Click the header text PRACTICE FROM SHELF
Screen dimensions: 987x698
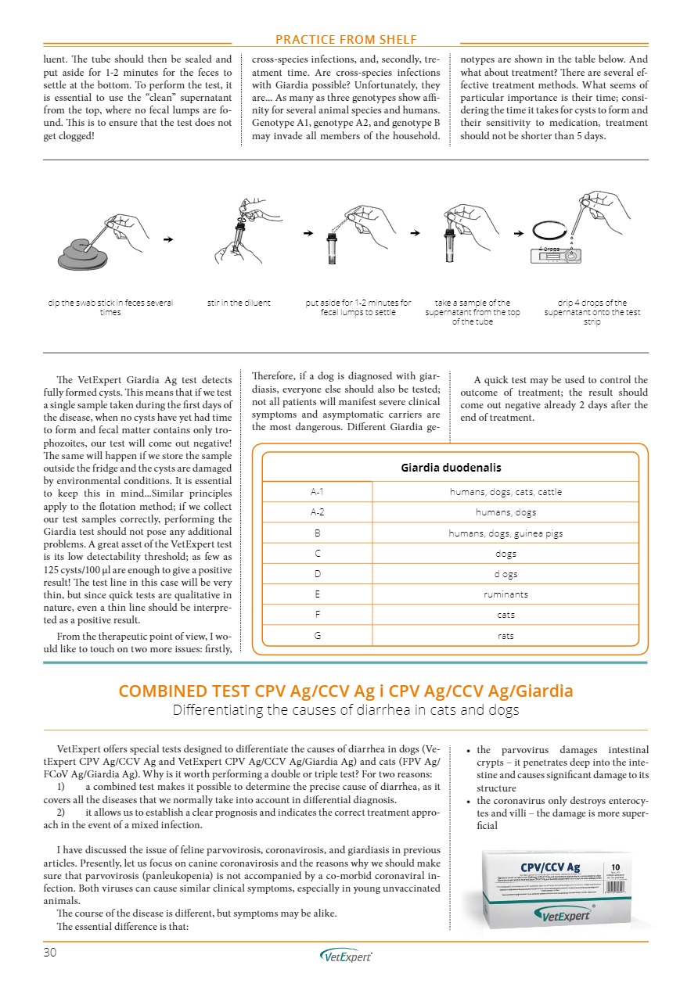(x=345, y=39)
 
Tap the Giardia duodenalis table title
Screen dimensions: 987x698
(x=451, y=468)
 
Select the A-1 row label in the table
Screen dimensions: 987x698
(x=317, y=492)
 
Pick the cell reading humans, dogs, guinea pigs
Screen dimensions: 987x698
(x=506, y=533)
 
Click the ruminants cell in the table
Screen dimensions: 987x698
(x=506, y=594)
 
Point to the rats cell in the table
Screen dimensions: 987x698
(x=506, y=635)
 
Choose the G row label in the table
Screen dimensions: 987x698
(x=317, y=635)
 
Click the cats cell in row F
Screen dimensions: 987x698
(x=506, y=615)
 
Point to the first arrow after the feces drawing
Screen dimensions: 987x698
(x=168, y=239)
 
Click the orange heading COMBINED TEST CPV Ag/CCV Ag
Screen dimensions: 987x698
(x=345, y=691)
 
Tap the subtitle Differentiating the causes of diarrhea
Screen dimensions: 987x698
(x=345, y=710)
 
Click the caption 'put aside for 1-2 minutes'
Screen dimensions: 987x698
(x=358, y=307)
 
